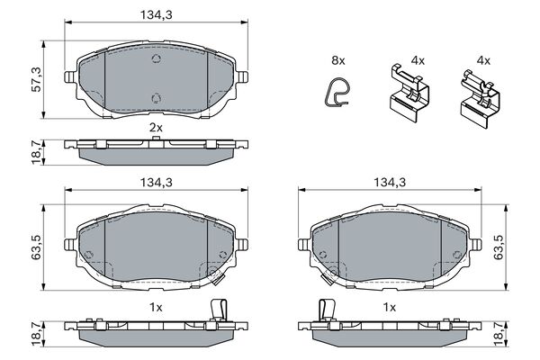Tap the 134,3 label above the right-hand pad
[x=390, y=182]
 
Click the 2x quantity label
[x=156, y=128]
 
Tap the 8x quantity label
[x=337, y=60]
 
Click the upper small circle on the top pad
[x=156, y=59]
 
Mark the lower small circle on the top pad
[x=156, y=99]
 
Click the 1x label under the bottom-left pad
[x=156, y=307]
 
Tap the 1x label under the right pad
[x=390, y=307]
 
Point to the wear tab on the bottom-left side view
[x=215, y=309]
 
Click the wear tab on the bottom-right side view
[x=328, y=310]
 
